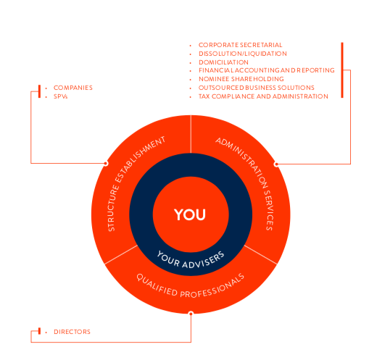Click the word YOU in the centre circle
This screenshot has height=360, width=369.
pos(190,214)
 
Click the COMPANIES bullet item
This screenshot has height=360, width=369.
pos(73,88)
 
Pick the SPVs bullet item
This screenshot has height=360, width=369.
pos(60,96)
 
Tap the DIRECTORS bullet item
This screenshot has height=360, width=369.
pos(72,332)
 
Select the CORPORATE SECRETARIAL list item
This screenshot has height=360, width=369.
pos(241,45)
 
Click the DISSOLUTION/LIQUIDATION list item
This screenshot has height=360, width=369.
pos(243,54)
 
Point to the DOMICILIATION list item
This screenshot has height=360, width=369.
pos(223,62)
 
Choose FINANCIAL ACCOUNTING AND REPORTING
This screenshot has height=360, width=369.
pos(267,70)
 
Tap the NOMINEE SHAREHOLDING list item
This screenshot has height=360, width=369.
pos(241,79)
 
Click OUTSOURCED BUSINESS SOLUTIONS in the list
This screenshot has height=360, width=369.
pos(257,88)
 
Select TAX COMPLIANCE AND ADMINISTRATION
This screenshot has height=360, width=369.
pos(263,96)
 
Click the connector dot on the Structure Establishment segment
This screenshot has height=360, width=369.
pos(106,164)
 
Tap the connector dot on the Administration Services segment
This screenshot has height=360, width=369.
pos(276,164)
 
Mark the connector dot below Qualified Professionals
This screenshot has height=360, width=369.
pos(191,314)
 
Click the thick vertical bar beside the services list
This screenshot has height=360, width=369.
pos(342,70)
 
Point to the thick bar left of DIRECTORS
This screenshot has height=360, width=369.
pos(39,331)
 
